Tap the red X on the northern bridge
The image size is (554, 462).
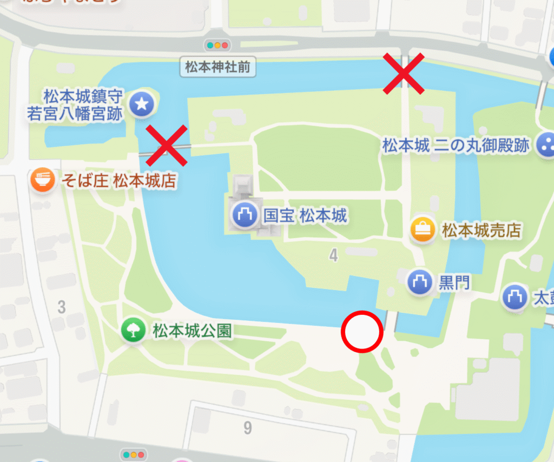pos(403,73)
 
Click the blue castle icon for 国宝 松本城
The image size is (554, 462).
pos(245,215)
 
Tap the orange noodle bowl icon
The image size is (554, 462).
pos(43,180)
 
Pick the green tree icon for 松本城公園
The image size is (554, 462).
pos(133,330)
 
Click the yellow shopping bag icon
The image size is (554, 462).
pos(423,230)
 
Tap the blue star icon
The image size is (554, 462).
pos(142,105)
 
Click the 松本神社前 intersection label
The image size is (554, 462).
pos(217,68)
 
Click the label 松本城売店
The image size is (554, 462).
pos(482,231)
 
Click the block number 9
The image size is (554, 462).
pos(247,428)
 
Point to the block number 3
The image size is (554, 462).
pos(61,307)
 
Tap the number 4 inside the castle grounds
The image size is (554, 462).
pos(333,255)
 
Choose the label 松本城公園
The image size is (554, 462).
pos(192,330)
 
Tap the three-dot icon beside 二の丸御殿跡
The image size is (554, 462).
pos(546,145)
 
